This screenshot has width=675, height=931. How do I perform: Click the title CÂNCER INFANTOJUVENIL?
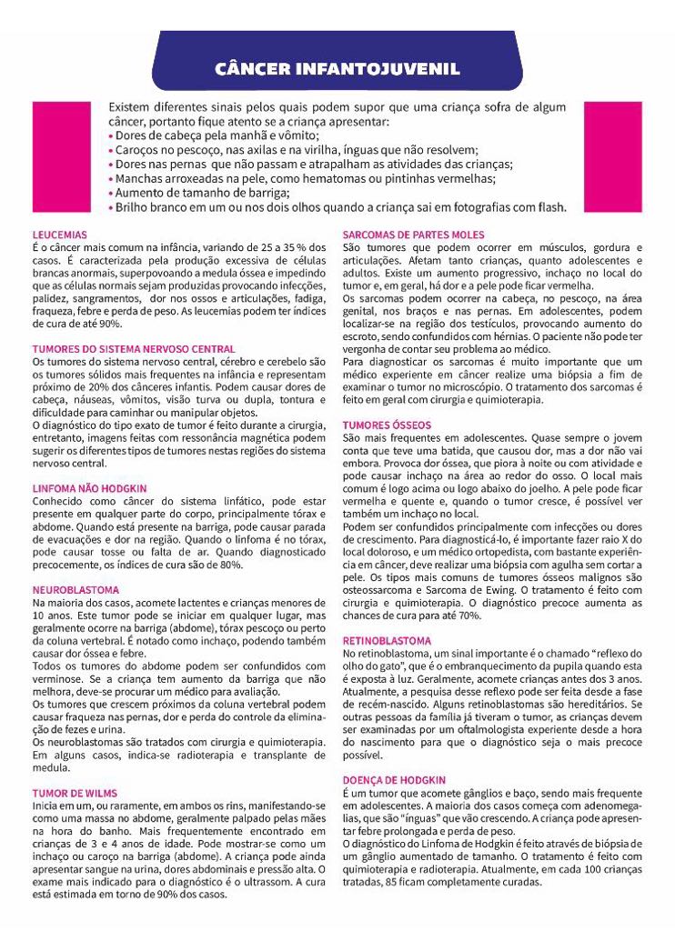click(x=337, y=69)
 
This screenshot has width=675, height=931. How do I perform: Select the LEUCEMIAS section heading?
click(x=60, y=234)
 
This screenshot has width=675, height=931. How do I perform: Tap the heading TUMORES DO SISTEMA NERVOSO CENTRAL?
click(x=134, y=348)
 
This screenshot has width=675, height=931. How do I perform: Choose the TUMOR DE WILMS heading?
click(x=76, y=793)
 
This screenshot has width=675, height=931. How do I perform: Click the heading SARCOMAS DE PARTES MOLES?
click(x=414, y=235)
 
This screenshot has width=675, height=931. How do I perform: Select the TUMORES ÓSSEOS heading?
click(x=387, y=425)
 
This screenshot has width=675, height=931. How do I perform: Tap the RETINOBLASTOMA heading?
click(x=387, y=640)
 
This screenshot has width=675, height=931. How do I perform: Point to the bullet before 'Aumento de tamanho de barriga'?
click(x=111, y=193)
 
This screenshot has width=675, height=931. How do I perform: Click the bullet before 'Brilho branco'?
click(x=111, y=207)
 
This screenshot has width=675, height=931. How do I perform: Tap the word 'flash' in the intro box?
click(x=549, y=207)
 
